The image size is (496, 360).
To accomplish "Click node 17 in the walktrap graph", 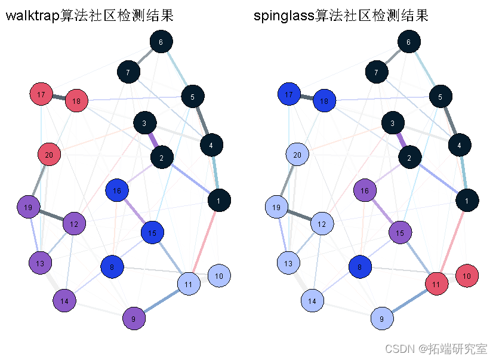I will coord(41,95).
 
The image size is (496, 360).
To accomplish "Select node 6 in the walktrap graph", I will coord(161,42).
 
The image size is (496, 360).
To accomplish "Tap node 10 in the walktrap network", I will coord(219,276).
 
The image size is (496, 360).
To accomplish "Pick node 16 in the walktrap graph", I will coord(117,191).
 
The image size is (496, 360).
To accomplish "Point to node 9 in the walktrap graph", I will coord(134,319).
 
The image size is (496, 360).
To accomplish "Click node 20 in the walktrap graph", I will coord(49,155).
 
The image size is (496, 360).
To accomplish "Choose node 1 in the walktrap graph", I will coord(218,201).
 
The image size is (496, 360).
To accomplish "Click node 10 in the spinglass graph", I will coord(467,276).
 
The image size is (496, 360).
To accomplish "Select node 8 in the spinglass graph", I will coord(360,267).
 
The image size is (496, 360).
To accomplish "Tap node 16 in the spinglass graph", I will coord(365,191).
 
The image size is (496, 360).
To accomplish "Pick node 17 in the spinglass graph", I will coord(289,95).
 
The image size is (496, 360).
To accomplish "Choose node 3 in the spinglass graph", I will coord(392,124).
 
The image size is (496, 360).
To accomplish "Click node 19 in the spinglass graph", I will coord(276,208).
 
